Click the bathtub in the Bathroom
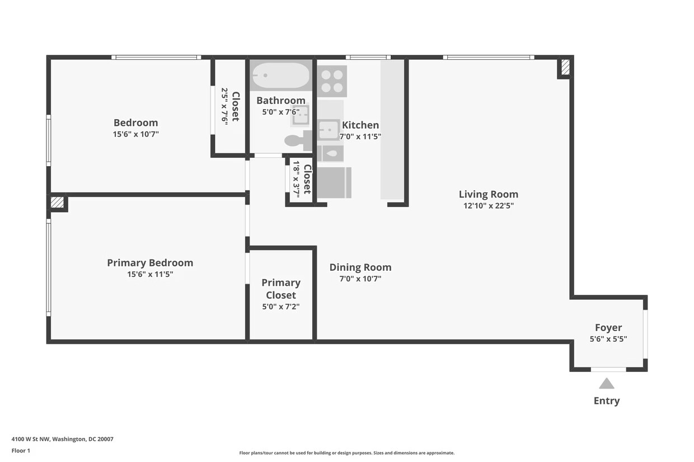point(280,76)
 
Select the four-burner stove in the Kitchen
point(332,81)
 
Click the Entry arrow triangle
point(607,384)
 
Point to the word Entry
point(607,401)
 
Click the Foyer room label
point(608,328)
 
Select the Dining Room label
point(360,267)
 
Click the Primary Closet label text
point(281,289)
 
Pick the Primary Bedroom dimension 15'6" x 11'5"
point(150,274)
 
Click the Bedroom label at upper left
point(135,122)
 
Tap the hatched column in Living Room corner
point(565,67)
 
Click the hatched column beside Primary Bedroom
point(57,202)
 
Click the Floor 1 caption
point(21,450)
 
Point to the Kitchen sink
point(329,130)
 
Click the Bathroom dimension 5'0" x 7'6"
point(281,112)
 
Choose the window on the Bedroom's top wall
point(156,57)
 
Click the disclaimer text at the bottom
point(346,453)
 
